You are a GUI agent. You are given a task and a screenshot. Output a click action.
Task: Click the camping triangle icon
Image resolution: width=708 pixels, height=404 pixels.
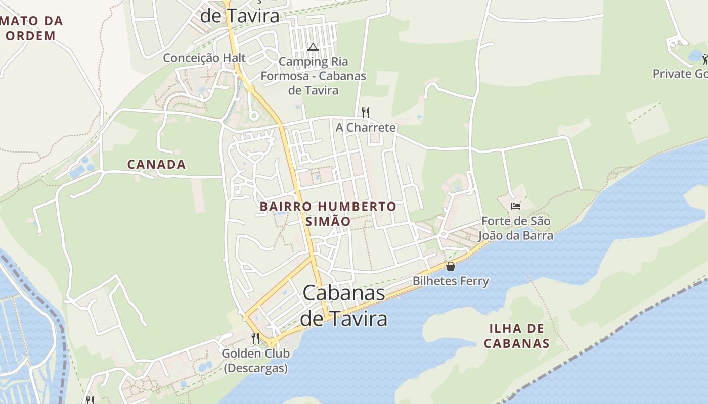[x=313, y=47]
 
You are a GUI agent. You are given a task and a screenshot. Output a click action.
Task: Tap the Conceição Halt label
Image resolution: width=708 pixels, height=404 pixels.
[x=204, y=58]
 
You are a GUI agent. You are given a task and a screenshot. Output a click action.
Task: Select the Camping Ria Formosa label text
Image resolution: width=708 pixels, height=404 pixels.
[x=313, y=76]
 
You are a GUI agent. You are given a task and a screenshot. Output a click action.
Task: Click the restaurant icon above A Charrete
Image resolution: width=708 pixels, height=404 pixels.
[x=365, y=112]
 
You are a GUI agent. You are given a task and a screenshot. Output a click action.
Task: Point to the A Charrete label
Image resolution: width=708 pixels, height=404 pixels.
[x=366, y=127]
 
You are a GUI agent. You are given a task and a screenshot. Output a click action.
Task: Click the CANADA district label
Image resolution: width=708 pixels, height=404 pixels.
[x=156, y=164]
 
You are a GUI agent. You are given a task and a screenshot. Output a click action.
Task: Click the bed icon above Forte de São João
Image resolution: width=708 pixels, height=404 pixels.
[x=515, y=206]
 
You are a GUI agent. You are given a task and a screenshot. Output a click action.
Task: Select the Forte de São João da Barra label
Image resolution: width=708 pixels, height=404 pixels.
[x=516, y=228]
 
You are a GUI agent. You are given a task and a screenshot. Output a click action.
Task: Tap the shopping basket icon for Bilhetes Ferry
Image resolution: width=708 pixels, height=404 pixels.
[x=451, y=266]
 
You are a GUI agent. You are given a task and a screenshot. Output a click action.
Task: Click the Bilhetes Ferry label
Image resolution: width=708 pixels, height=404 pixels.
[x=451, y=281]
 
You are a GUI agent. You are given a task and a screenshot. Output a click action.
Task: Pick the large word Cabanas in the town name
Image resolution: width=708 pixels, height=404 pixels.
[x=344, y=293]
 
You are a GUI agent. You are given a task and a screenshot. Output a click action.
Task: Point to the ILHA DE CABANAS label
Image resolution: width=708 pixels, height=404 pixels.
[x=516, y=336]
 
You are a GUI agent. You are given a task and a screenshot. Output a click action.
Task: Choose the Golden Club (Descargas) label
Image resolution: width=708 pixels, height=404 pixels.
[x=255, y=361]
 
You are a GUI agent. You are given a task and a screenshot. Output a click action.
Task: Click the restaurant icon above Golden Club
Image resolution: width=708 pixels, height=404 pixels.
[x=255, y=338]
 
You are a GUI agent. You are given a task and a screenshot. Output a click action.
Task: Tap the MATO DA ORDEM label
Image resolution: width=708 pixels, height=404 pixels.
[x=31, y=28]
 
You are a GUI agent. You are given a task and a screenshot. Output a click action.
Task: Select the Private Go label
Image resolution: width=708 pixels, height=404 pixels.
[x=679, y=74]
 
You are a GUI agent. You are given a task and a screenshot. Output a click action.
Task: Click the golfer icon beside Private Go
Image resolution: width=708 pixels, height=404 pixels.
[x=705, y=59]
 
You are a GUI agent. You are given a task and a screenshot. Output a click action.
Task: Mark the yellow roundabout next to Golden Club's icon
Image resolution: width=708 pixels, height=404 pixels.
[x=272, y=343]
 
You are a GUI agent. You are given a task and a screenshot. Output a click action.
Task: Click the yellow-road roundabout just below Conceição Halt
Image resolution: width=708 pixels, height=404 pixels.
[x=250, y=89]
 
